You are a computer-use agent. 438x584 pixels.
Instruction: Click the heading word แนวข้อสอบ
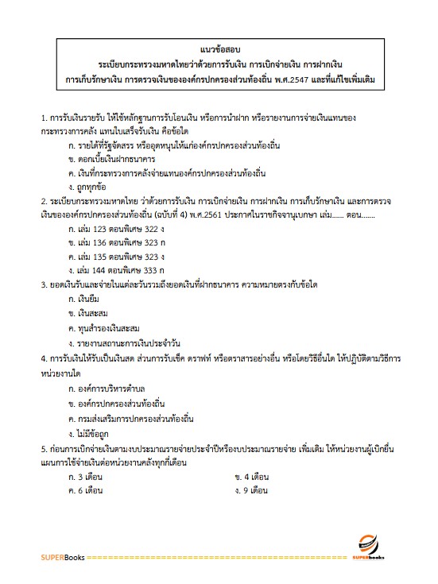pos(219,48)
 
